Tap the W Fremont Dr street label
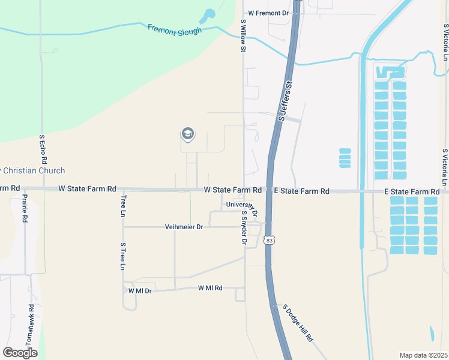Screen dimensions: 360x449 coord(269,13)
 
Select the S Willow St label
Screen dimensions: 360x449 coord(244,35)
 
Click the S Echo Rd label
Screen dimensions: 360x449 coord(43,150)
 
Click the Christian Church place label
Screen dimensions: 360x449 coord(32,171)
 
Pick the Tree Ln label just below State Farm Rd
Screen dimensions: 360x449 coord(124,205)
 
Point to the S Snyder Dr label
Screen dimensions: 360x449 coord(244,228)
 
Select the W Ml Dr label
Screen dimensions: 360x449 coord(140,290)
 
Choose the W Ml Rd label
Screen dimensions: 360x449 coord(210,288)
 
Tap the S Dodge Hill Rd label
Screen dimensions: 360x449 coord(298,322)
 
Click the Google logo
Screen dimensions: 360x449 coord(20,352)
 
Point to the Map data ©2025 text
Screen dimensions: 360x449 coord(423,355)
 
